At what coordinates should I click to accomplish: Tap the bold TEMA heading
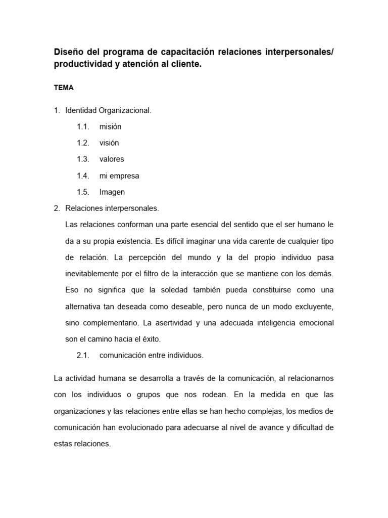pyautogui.click(x=64, y=88)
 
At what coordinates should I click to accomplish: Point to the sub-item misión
pyautogui.click(x=110, y=126)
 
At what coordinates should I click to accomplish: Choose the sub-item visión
pyautogui.click(x=109, y=143)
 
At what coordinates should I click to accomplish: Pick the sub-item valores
pyautogui.click(x=112, y=159)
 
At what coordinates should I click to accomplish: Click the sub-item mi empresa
pyautogui.click(x=119, y=176)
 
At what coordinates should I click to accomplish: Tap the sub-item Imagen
pyautogui.click(x=112, y=192)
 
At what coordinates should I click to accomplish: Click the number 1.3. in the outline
pyautogui.click(x=83, y=159)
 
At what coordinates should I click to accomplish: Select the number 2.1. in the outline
pyautogui.click(x=83, y=355)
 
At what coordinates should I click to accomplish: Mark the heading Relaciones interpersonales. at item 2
pyautogui.click(x=112, y=208)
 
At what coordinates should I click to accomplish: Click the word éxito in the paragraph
pyautogui.click(x=150, y=338)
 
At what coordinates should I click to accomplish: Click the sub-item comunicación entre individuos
pyautogui.click(x=151, y=355)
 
